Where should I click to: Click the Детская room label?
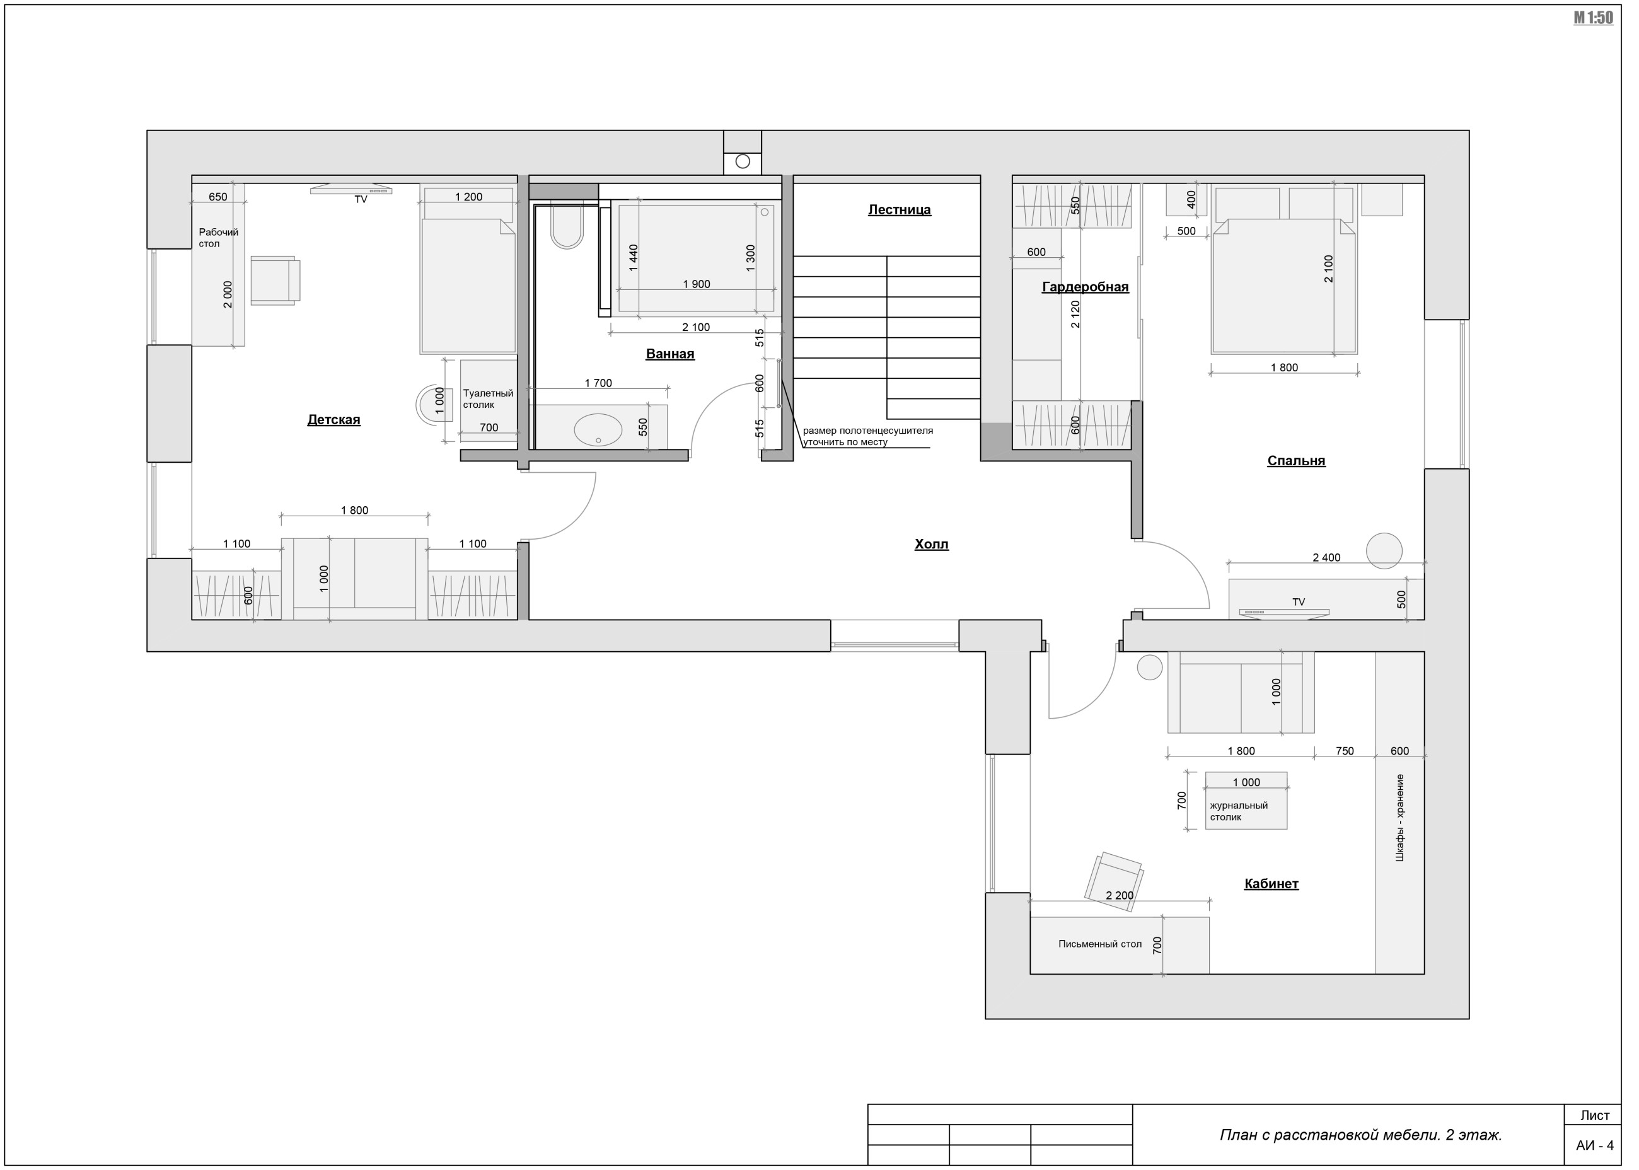(333, 420)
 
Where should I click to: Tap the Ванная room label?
(670, 354)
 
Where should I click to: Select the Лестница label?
(899, 210)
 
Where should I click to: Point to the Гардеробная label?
(1085, 287)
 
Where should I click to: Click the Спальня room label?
(1296, 461)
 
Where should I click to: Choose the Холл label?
(932, 545)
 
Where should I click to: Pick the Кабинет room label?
(1271, 884)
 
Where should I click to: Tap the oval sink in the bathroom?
(598, 430)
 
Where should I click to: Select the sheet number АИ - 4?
(1594, 1145)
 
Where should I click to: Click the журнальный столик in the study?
(1246, 801)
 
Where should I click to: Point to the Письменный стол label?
(1100, 944)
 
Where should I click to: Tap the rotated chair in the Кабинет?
(1115, 882)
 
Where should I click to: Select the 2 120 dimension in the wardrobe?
(1075, 315)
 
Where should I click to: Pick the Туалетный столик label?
(488, 399)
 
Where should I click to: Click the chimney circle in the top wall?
(743, 161)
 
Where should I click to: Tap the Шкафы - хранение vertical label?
(1400, 818)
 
